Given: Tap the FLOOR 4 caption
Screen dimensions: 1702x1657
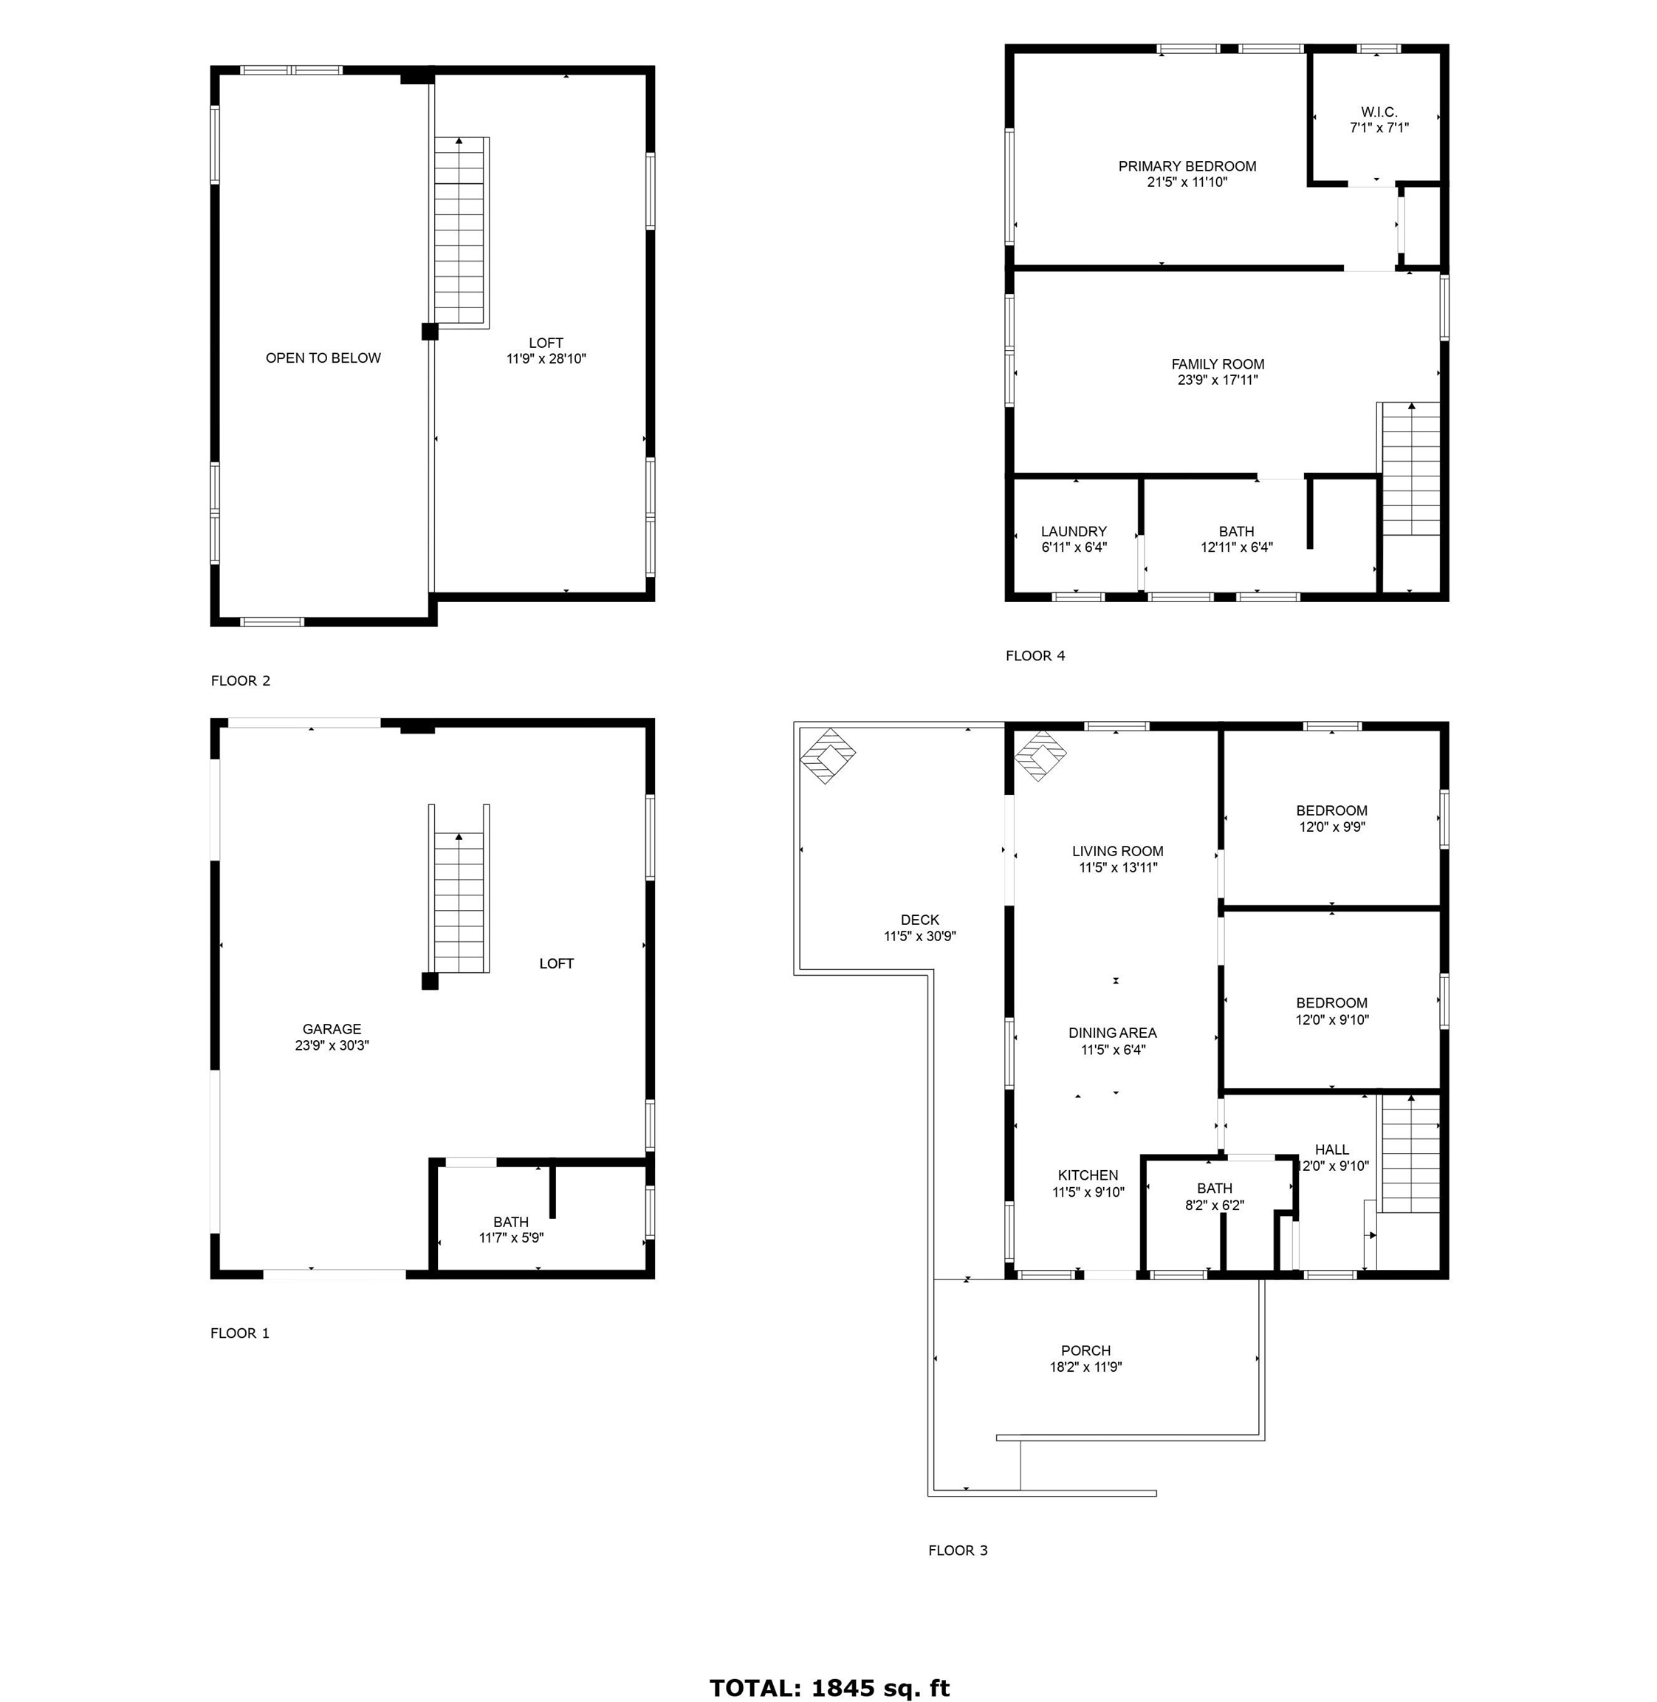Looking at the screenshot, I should (x=1035, y=655).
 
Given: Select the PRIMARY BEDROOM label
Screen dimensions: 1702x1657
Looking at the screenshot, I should (x=1187, y=166).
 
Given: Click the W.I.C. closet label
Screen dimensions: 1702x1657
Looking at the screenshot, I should (x=1379, y=112).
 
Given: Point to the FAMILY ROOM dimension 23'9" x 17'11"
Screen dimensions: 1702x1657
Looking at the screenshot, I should (x=1217, y=380).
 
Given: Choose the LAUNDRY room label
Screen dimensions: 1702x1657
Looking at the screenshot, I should (x=1073, y=531).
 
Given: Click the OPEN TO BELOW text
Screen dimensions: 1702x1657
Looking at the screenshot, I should (x=323, y=358).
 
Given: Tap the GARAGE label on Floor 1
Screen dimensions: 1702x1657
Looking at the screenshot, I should (x=332, y=1029).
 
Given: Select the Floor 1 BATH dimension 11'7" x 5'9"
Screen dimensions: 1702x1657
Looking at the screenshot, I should (x=511, y=1238).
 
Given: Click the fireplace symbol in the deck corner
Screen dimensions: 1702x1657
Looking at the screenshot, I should (x=827, y=755).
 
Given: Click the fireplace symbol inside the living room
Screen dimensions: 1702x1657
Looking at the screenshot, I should (x=1040, y=755).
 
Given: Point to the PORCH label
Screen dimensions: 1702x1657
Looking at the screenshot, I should (x=1085, y=1350).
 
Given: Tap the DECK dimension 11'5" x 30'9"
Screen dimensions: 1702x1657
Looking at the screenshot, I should (x=920, y=936).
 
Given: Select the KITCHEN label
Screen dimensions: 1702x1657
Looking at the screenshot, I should (x=1088, y=1175).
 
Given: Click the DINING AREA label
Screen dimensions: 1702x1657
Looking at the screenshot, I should (x=1112, y=1033).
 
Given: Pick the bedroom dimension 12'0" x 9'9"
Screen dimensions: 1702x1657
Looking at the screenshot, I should (x=1331, y=827).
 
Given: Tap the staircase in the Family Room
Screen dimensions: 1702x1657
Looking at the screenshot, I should (x=1410, y=470).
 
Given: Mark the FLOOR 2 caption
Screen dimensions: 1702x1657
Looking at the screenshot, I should (x=240, y=681).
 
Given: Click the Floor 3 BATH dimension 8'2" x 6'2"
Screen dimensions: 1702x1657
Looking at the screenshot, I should (x=1214, y=1206).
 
